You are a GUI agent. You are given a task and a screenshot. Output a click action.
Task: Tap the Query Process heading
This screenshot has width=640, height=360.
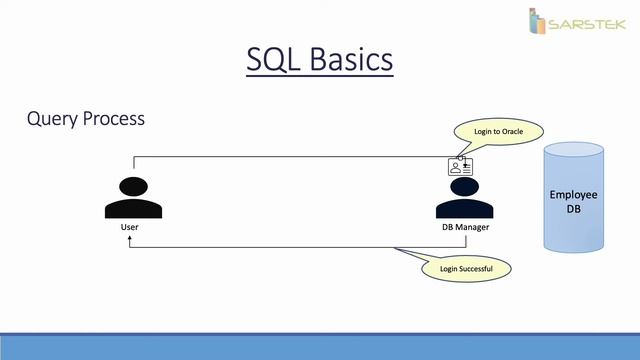(86, 119)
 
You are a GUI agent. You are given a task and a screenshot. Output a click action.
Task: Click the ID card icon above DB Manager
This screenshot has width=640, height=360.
(460, 167)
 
